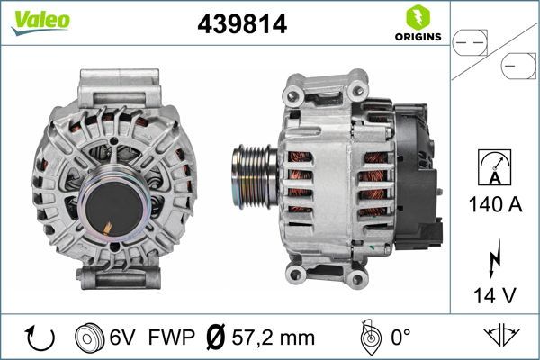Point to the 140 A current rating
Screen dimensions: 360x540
click(495, 204)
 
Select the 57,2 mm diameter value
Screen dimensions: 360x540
click(274, 337)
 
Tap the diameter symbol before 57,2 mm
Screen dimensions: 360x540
click(217, 337)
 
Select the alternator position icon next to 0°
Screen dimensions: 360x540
click(368, 337)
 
